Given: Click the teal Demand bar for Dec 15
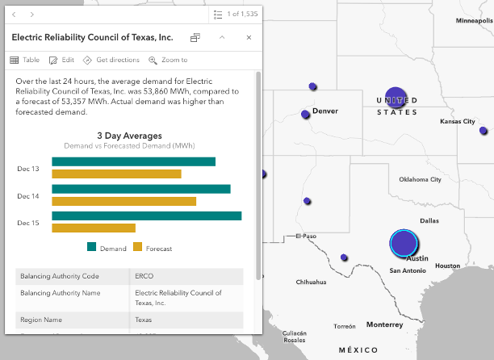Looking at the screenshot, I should [146, 216].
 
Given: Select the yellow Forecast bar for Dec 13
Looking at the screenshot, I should [116, 174].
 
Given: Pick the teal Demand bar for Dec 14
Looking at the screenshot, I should [141, 189].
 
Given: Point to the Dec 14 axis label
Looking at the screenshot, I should [28, 196].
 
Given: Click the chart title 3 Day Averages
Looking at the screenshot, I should [129, 136].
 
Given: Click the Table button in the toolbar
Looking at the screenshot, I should [24, 60].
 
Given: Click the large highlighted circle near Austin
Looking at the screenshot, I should [403, 242].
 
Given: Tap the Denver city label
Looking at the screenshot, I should [324, 111].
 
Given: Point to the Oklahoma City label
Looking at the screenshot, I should [414, 179].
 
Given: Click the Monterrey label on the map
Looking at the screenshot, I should [384, 324].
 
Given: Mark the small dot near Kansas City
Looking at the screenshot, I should [484, 131].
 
